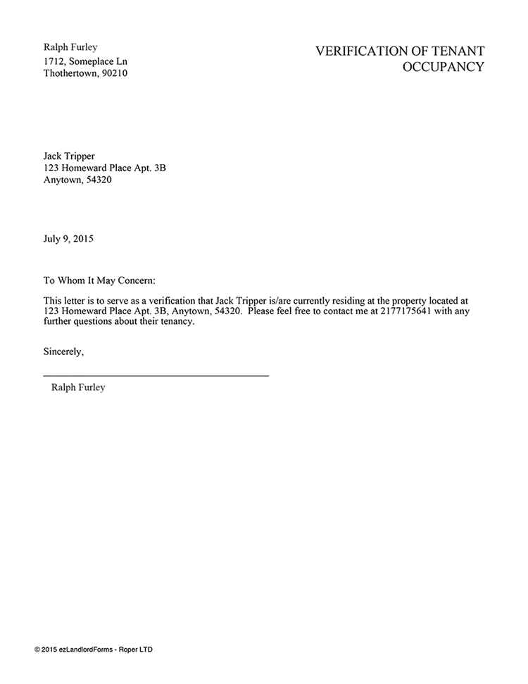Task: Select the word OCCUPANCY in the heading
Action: point(443,68)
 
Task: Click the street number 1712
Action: point(55,61)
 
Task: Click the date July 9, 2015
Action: point(68,238)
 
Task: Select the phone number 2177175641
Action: point(406,313)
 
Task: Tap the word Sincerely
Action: point(63,350)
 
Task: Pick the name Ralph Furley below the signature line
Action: point(78,387)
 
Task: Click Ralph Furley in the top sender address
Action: point(70,47)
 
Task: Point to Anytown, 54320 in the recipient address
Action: point(77,180)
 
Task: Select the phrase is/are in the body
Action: point(265,301)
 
